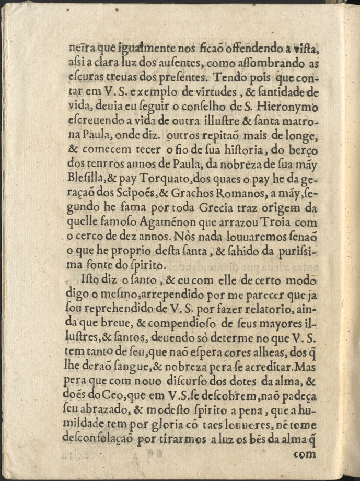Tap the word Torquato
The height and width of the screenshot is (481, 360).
(x=155, y=165)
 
